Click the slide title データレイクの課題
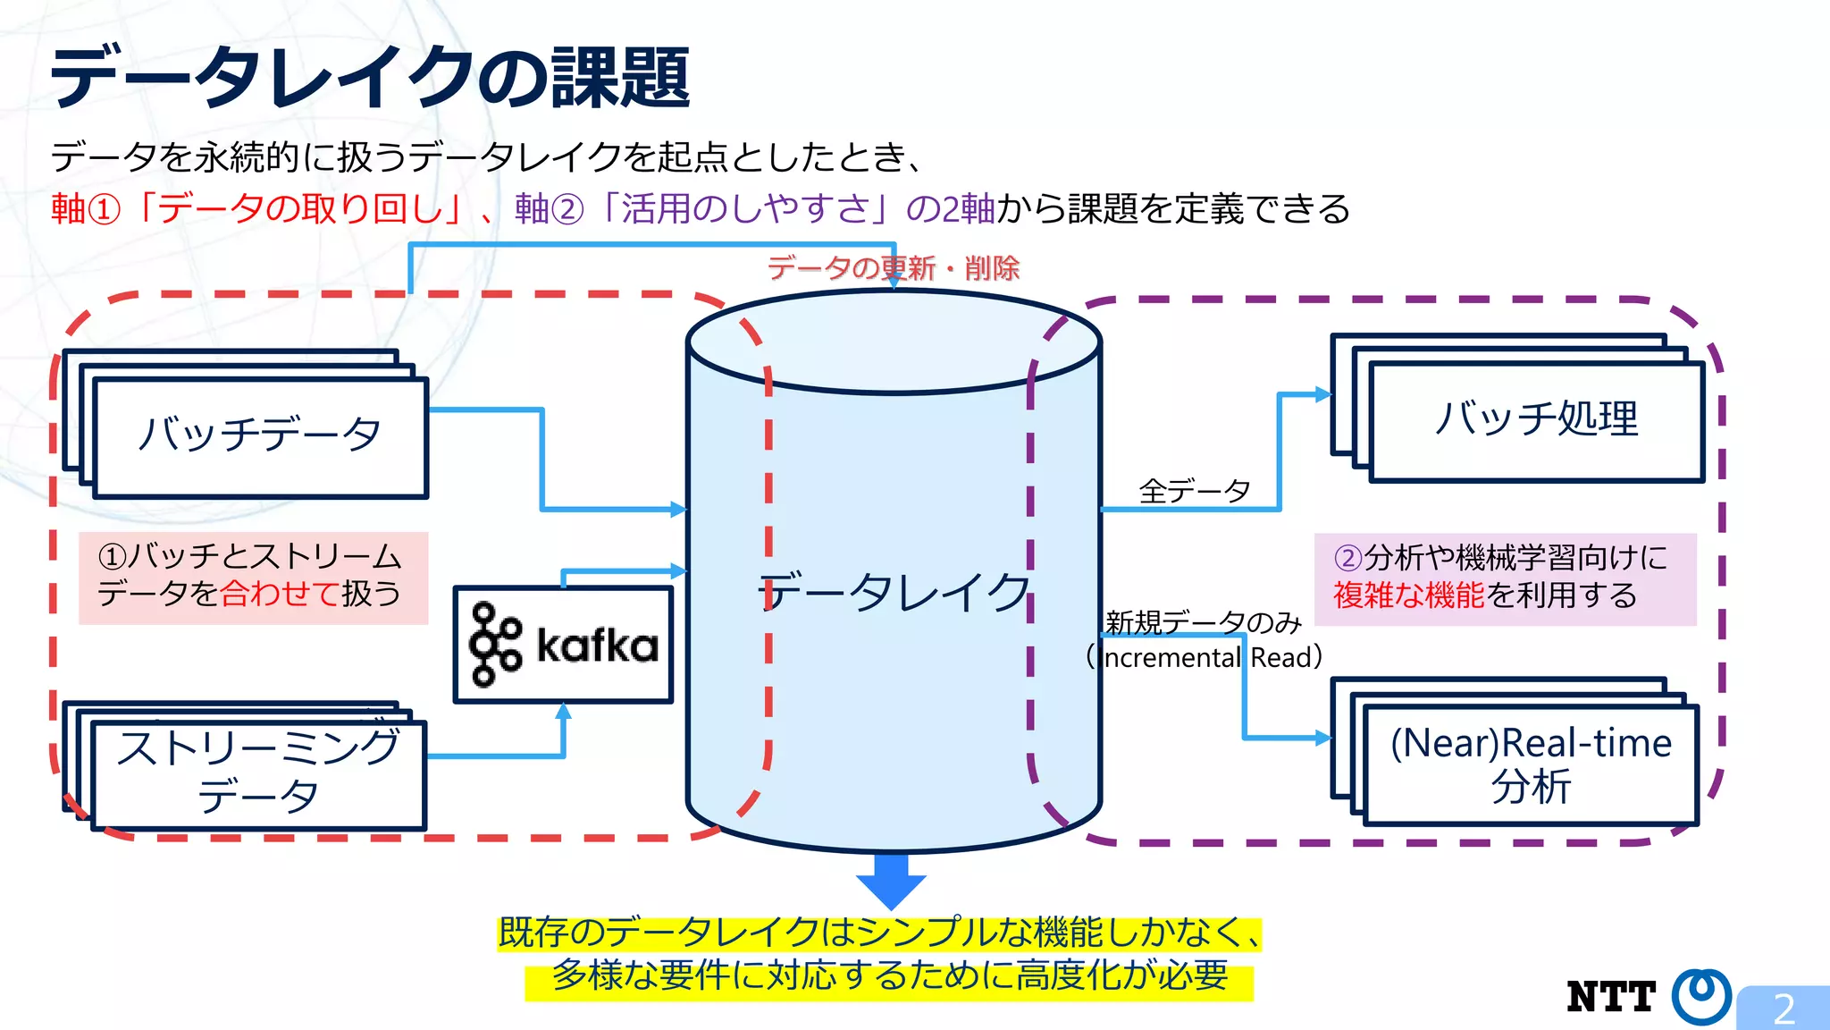pyautogui.click(x=370, y=79)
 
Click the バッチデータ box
pyautogui.click(x=260, y=436)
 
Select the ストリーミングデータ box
pyautogui.click(x=258, y=772)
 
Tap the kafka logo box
pyautogui.click(x=563, y=645)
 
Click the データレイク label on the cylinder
pyautogui.click(x=894, y=592)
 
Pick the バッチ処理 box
pyautogui.click(x=1536, y=418)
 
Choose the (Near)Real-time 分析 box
pyautogui.click(x=1531, y=764)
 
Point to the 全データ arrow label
pyautogui.click(x=1194, y=491)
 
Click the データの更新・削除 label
pyautogui.click(x=893, y=267)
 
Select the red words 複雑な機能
pyautogui.click(x=1408, y=595)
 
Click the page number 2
pyautogui.click(x=1784, y=1009)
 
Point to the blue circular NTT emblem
pyautogui.click(x=1701, y=995)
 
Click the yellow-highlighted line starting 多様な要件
pyautogui.click(x=889, y=975)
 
